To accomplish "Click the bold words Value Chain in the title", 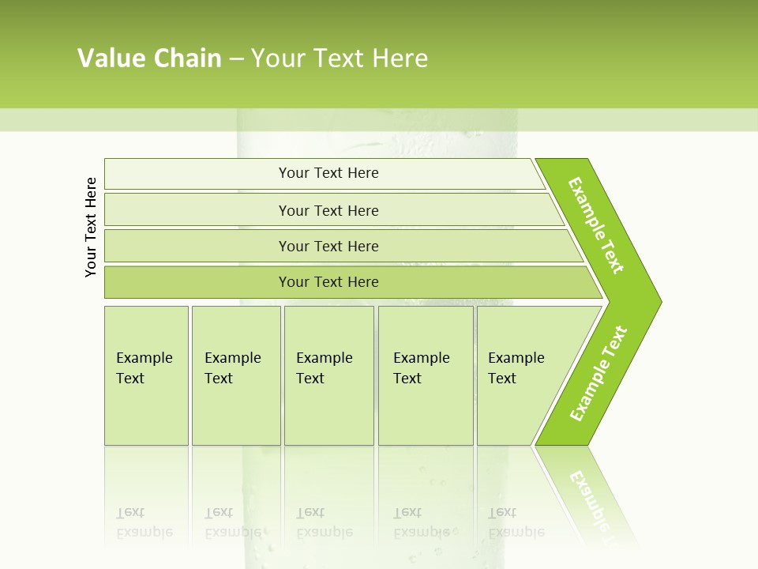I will [x=149, y=58].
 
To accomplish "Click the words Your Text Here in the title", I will [x=340, y=58].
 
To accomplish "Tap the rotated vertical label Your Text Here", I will [x=92, y=227].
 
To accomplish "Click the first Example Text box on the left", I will [x=146, y=395].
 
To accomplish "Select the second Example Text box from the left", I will [x=235, y=395].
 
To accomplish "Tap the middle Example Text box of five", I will [x=328, y=395].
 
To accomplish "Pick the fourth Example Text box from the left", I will [x=426, y=395].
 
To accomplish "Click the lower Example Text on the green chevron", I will [x=598, y=374].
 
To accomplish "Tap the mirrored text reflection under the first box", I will [x=144, y=522].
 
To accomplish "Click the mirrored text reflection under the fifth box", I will [x=516, y=522].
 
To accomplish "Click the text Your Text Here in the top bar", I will [x=328, y=173].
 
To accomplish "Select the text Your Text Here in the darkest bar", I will [x=328, y=282].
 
